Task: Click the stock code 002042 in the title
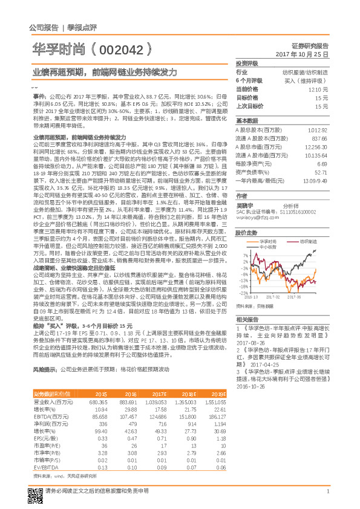[x=122, y=47]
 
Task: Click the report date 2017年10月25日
[x=303, y=54]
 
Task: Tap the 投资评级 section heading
[x=247, y=63]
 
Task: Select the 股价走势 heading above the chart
[x=247, y=232]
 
